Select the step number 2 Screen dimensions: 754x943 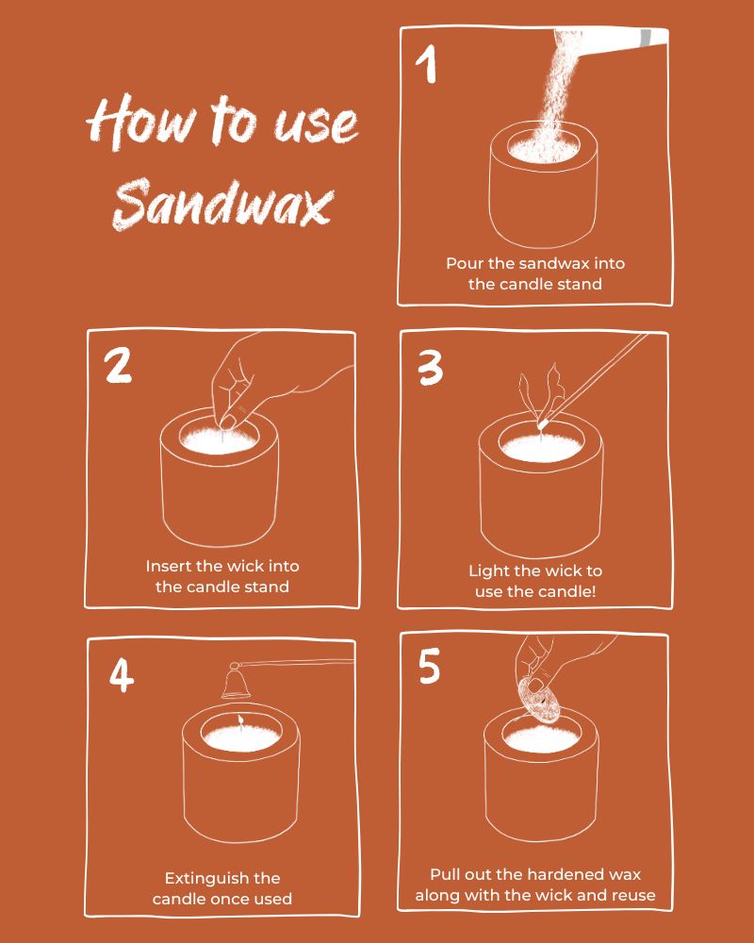coord(118,365)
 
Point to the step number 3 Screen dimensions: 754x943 coord(431,368)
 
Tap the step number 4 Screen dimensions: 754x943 coord(122,675)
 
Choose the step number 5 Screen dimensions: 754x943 coord(430,666)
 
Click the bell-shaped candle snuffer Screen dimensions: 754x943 coord(236,682)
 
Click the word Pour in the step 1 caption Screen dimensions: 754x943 coord(463,263)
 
